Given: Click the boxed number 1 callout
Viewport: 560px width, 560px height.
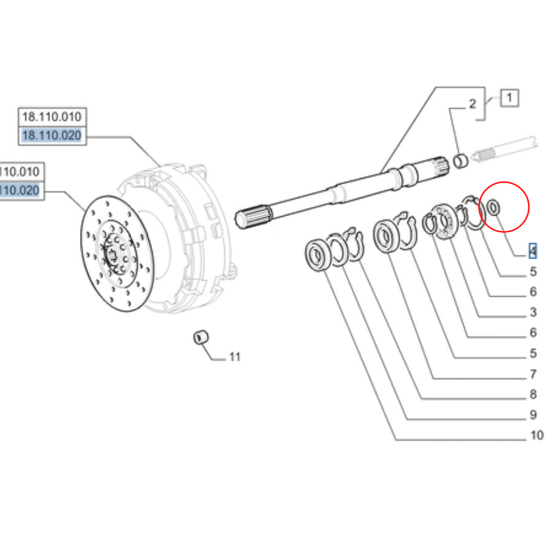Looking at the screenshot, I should coord(509,98).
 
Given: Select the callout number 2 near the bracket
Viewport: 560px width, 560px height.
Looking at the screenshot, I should coord(472,104).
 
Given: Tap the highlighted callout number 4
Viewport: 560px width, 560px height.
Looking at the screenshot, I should coord(533,251).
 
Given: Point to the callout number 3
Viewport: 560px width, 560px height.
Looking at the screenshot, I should coord(533,312).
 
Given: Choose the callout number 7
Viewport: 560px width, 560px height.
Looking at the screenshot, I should coord(533,374).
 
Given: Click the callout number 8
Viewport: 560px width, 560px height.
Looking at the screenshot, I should coord(533,395).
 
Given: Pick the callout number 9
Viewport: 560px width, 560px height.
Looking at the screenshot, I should coord(533,415).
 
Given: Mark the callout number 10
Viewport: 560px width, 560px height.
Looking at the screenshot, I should coord(536,435).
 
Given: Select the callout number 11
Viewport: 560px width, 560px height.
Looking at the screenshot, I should coord(235,357).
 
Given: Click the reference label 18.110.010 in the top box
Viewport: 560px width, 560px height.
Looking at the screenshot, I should coord(51,117).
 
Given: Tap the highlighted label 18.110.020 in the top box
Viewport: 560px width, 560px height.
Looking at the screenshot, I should coord(51,136).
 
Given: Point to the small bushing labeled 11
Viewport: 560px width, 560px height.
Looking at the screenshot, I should coord(200,338).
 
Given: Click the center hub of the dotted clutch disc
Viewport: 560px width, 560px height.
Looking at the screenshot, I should coord(114,255).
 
